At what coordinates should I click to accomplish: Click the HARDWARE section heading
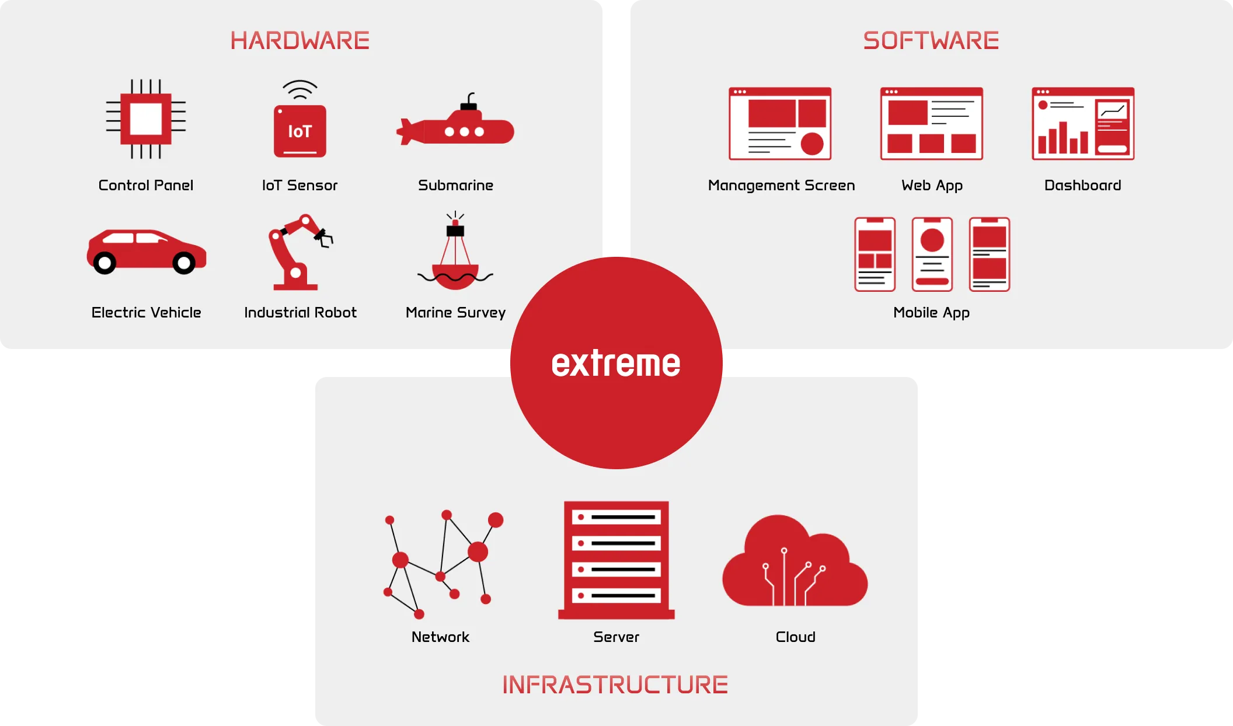tap(300, 41)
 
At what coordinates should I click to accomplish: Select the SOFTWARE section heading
tap(931, 41)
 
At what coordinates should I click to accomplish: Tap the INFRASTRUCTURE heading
tap(615, 685)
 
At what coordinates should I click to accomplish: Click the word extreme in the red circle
tap(616, 363)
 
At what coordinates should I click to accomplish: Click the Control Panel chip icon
tap(146, 119)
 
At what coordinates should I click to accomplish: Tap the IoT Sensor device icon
tap(300, 119)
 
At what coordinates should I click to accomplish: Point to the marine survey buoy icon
tap(455, 251)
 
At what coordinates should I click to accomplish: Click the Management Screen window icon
tap(780, 124)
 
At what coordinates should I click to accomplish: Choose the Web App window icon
tap(932, 124)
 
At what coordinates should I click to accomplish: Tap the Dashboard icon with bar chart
tap(1083, 124)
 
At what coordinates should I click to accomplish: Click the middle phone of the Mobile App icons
tap(932, 254)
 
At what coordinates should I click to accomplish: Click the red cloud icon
tap(795, 561)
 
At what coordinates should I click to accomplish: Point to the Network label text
tap(440, 637)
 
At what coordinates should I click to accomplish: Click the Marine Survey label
tap(455, 313)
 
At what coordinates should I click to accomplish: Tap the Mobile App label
tap(932, 313)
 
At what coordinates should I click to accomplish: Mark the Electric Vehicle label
tap(146, 312)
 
